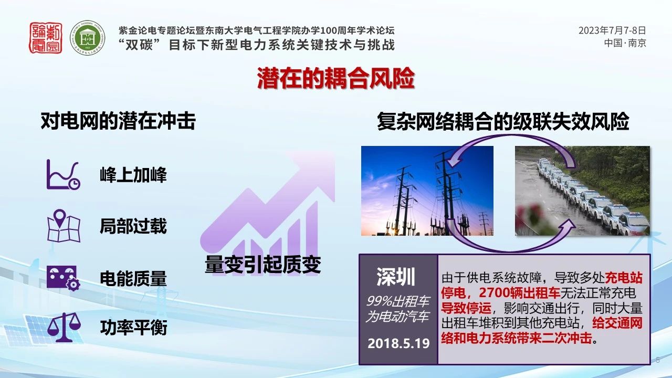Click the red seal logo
point(46,38)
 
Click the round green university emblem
point(88,38)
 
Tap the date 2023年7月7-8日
point(612,30)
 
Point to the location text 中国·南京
point(625,43)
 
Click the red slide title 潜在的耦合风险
point(336,78)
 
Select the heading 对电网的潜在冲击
point(118,121)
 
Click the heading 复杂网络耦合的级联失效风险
point(503,121)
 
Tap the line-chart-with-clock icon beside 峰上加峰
point(64,174)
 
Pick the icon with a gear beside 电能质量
point(64,278)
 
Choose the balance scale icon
point(64,327)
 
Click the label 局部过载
point(133,226)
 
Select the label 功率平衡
point(133,327)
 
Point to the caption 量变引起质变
point(263,264)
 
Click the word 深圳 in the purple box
point(396,277)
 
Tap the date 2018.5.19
point(398,343)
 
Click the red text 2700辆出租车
point(519,293)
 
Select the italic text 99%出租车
point(398,301)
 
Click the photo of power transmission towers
point(427,191)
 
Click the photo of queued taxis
point(583,191)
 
